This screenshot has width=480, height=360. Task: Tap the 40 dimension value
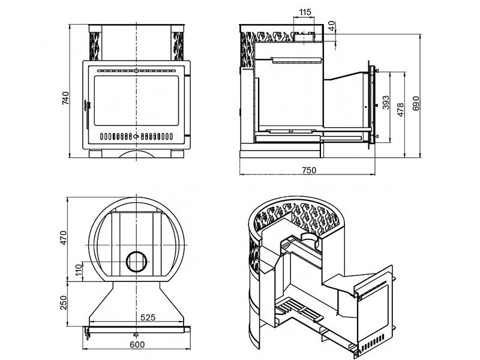pyautogui.click(x=332, y=28)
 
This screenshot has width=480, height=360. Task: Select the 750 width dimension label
pyautogui.click(x=308, y=170)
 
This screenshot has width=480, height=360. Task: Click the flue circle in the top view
pyautogui.click(x=137, y=261)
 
